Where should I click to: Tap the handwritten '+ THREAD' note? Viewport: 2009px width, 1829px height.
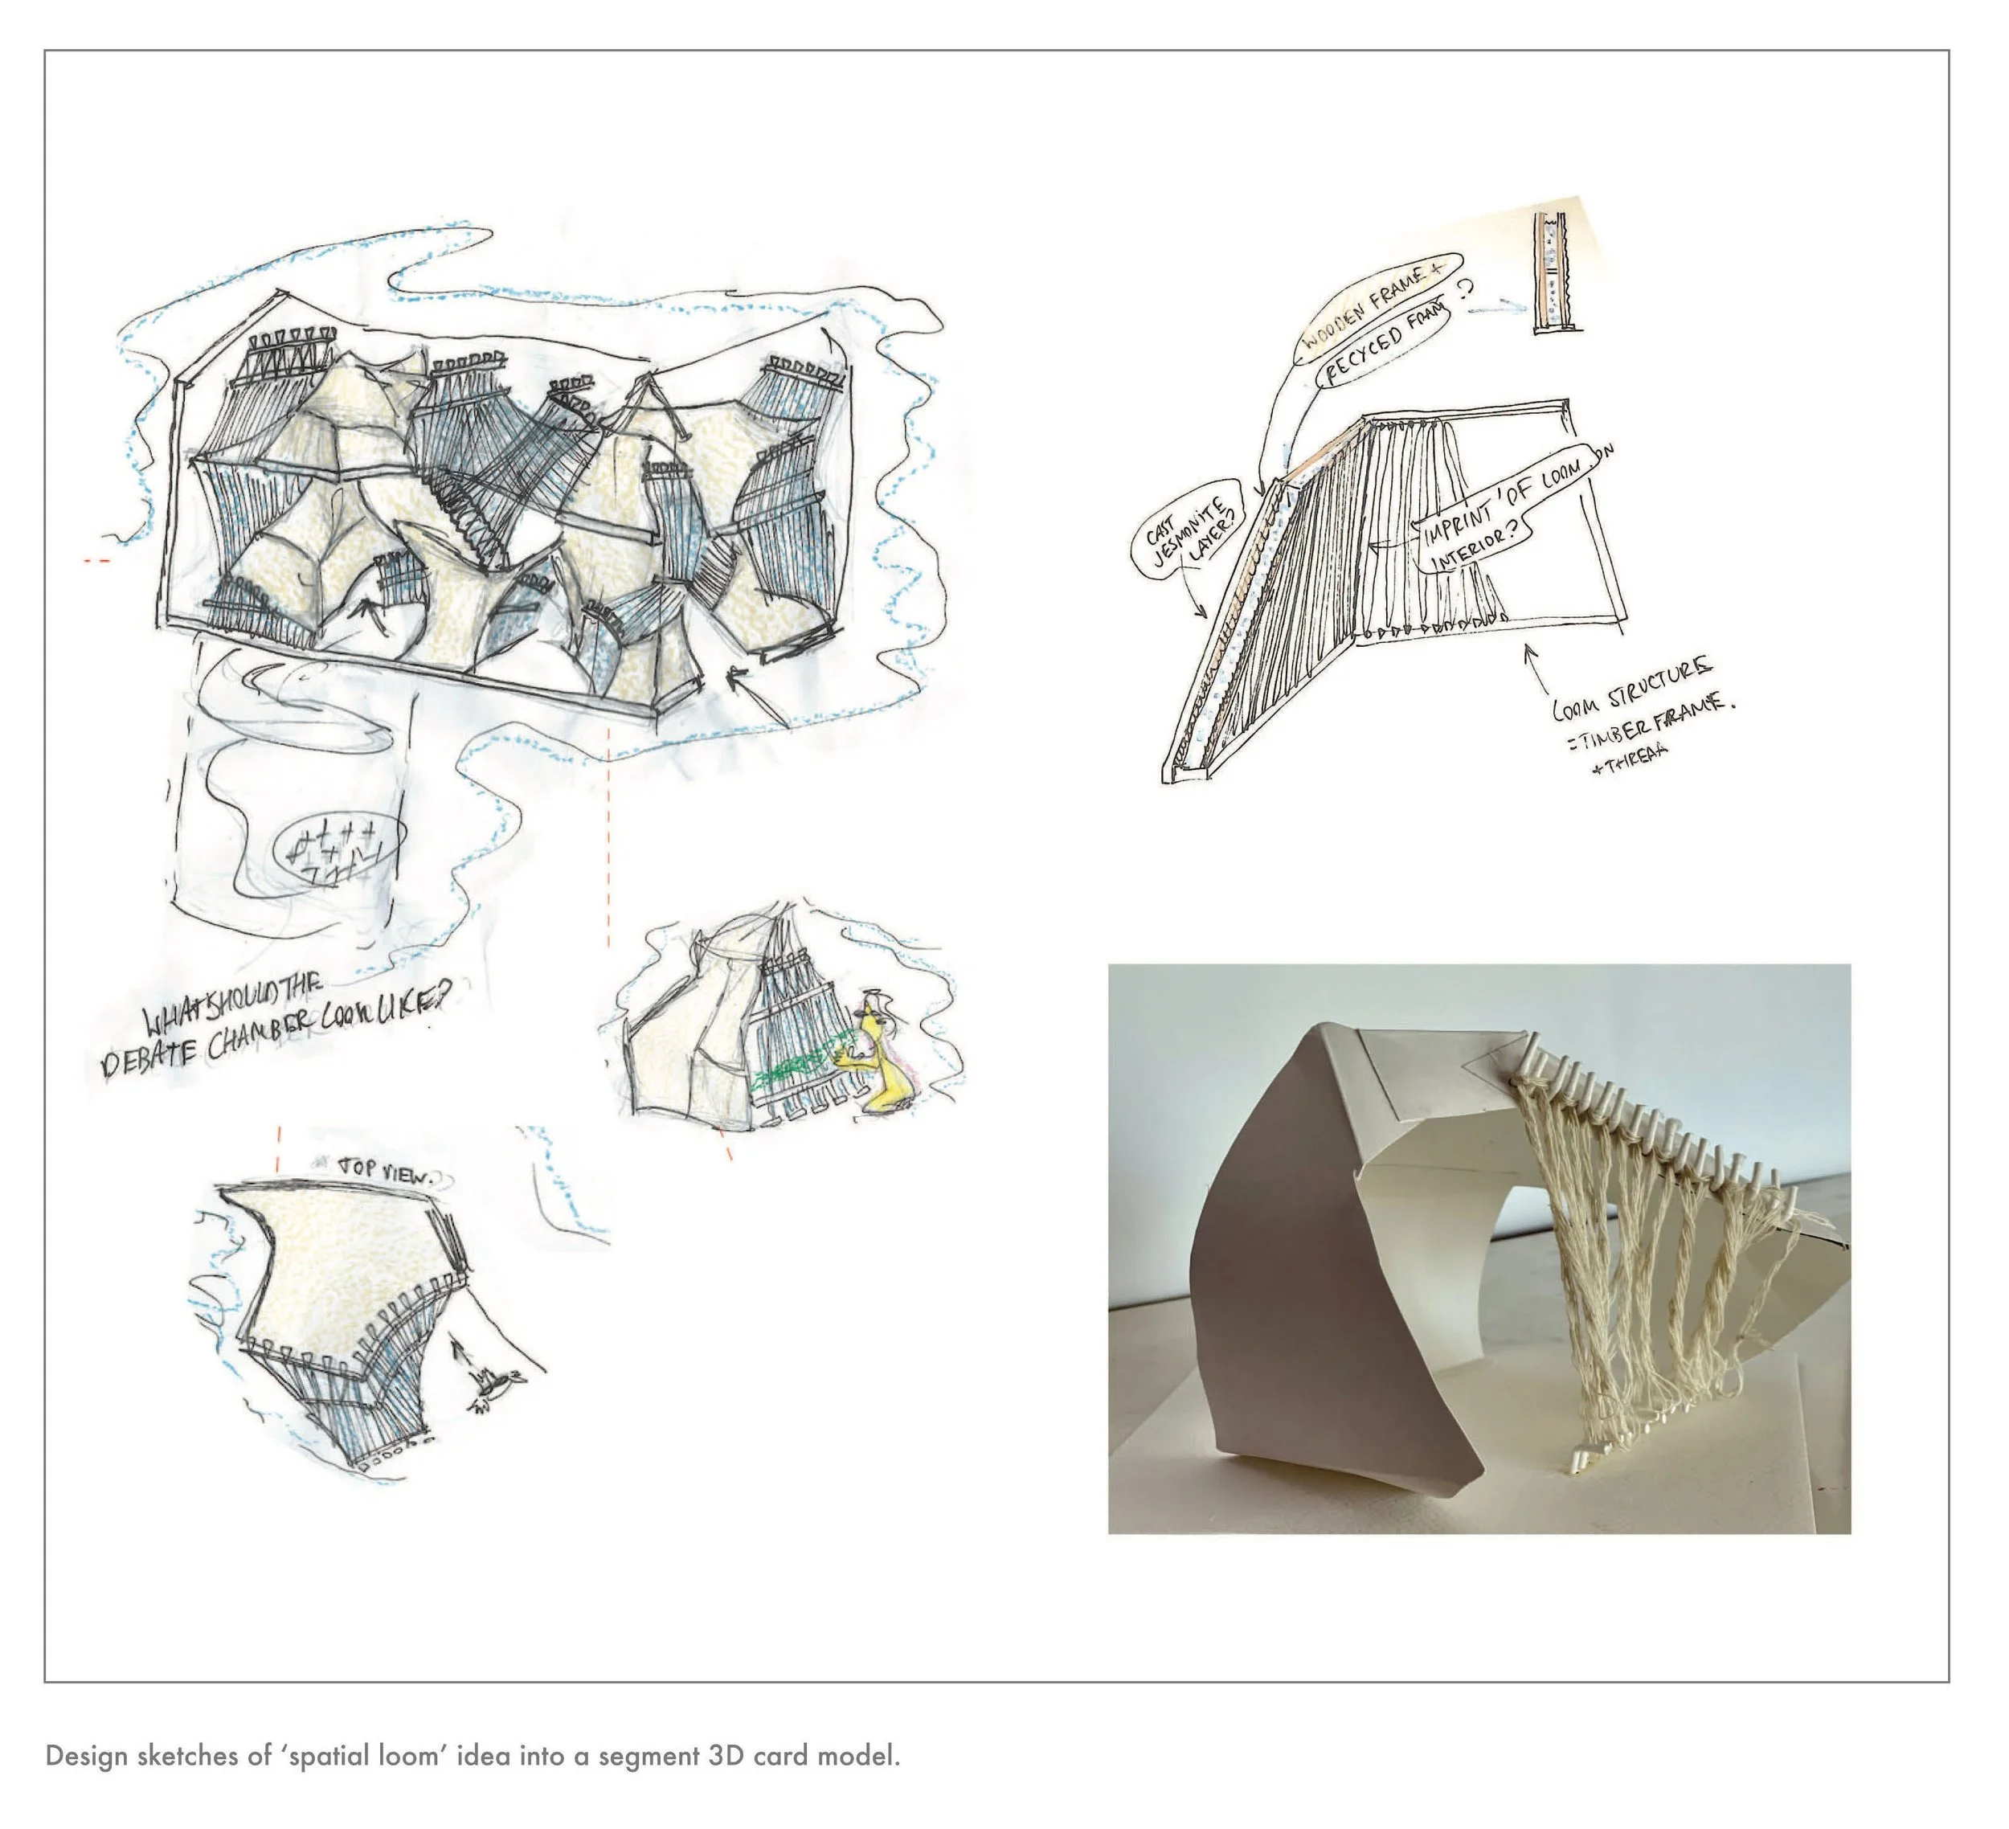coord(1630,756)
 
